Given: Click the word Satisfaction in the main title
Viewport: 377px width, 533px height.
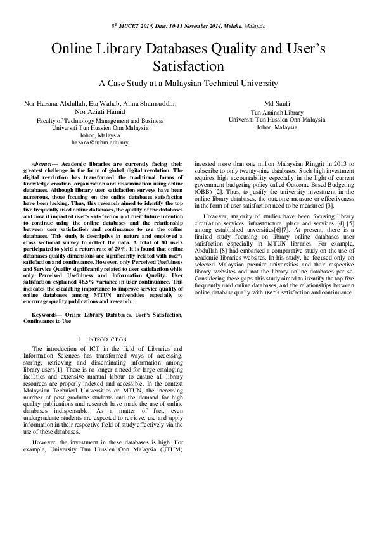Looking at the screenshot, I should [x=189, y=65].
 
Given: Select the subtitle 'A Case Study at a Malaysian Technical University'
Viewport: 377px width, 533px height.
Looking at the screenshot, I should [x=188, y=83].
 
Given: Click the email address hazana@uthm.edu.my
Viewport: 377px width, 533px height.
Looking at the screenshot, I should [x=99, y=142].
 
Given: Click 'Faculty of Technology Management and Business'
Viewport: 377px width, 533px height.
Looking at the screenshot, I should [x=99, y=120].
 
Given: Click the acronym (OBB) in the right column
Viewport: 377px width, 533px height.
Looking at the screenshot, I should [x=203, y=191].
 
